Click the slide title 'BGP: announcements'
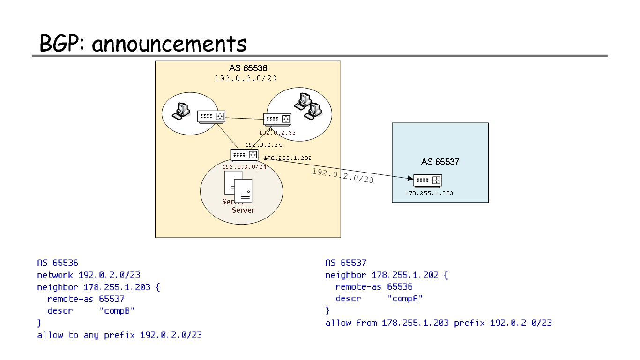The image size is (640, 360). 143,44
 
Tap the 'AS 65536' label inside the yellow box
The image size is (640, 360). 248,68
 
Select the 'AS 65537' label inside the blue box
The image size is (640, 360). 440,162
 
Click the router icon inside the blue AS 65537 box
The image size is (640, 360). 428,180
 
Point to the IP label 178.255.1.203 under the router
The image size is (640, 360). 429,193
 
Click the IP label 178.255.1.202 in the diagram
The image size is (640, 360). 287,158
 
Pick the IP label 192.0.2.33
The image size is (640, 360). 277,133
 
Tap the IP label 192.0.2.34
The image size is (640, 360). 263,145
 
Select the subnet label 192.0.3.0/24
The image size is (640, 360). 244,166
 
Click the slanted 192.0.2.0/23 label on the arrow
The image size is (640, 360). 343,175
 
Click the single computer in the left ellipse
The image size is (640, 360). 181,109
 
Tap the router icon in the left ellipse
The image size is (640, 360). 211,116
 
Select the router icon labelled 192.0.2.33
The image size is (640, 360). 277,119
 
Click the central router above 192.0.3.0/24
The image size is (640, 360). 244,155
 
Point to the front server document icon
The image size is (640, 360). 243,191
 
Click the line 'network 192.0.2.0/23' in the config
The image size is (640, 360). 89,275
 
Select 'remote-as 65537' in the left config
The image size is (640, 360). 86,299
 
